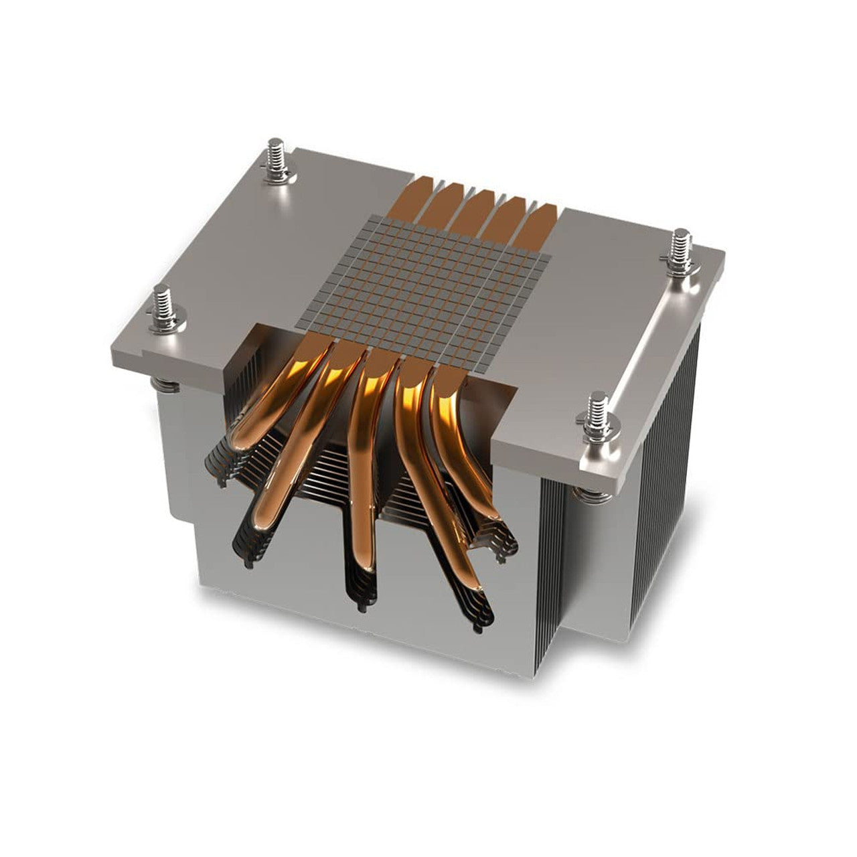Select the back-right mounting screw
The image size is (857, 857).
682,251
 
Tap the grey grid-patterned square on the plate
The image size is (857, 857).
428,275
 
